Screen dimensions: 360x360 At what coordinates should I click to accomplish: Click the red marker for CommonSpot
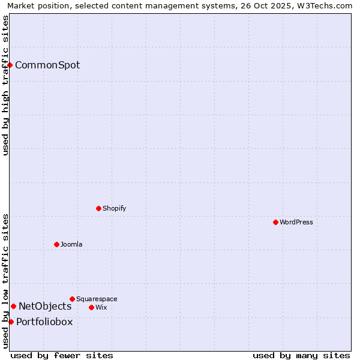(x=10, y=65)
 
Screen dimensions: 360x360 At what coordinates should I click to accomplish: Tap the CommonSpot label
(x=47, y=65)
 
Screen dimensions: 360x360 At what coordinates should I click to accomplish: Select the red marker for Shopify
(x=98, y=208)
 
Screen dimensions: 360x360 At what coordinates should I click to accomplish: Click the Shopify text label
(x=114, y=209)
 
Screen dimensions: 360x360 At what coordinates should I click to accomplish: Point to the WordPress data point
(x=275, y=222)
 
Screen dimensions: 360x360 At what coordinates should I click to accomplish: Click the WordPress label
(x=296, y=223)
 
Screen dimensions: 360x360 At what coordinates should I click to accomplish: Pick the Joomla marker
(x=56, y=244)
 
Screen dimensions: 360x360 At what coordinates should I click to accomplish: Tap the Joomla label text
(x=71, y=245)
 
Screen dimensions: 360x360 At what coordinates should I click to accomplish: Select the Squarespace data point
(x=72, y=299)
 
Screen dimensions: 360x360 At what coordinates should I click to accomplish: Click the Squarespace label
(x=97, y=299)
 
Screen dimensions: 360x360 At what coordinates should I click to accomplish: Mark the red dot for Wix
(x=91, y=307)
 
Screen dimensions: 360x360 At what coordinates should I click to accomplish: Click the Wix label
(x=101, y=308)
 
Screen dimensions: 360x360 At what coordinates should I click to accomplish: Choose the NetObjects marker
(x=13, y=306)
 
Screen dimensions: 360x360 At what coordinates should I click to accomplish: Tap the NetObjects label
(x=45, y=307)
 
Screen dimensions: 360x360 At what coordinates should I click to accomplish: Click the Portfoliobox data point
(x=11, y=322)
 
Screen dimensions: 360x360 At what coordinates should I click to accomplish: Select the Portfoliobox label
(x=44, y=322)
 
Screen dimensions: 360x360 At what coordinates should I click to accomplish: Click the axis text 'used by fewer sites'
(x=62, y=356)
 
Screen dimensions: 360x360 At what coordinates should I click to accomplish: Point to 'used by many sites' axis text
(x=301, y=356)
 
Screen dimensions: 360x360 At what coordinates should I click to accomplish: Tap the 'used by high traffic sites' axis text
(x=6, y=85)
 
